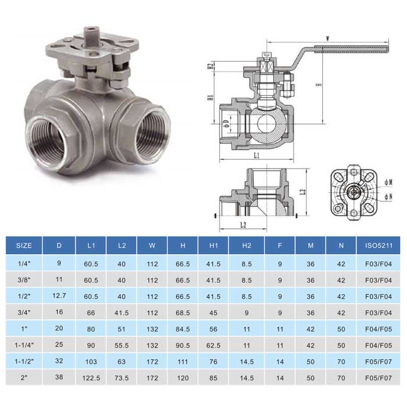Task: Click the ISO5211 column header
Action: (379, 245)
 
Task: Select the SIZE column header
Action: (24, 245)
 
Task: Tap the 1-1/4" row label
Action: (24, 345)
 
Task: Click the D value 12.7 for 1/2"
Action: (59, 295)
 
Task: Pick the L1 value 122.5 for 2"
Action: (91, 378)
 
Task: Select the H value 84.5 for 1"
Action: (183, 329)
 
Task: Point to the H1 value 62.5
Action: (213, 345)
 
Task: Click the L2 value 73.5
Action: (122, 378)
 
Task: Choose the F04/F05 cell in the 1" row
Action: (379, 329)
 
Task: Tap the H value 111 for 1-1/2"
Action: (183, 362)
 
